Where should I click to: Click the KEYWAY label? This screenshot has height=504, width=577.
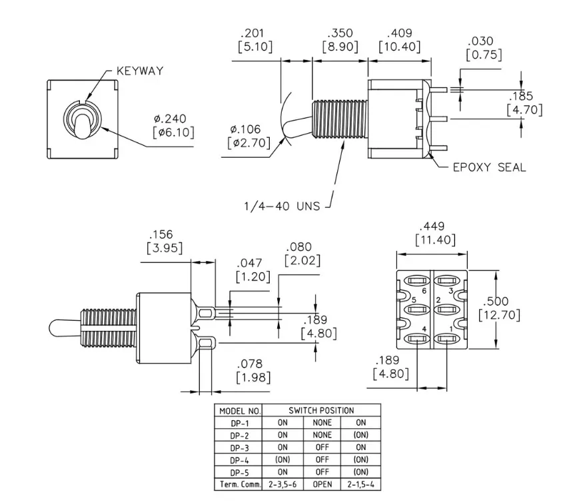pos(140,71)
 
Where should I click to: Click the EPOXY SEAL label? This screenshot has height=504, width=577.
pos(489,168)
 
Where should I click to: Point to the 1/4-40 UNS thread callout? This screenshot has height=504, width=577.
pos(282,206)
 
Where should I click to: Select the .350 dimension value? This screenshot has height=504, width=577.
pos(340,33)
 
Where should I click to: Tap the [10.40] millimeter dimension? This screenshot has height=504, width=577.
pos(400,47)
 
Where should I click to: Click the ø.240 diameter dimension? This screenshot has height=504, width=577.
pos(170,119)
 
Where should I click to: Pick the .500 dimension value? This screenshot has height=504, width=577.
pos(496,302)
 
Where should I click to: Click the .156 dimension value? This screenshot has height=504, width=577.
pos(161,234)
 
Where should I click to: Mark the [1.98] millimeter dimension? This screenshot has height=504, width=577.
pos(253,378)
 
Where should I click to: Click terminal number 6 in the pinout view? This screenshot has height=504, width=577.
pos(424,291)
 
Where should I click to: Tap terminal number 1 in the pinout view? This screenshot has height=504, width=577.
pos(452,329)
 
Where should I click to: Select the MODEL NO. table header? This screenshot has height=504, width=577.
pos(240,411)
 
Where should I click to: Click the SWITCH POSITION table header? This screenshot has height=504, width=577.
pos(321,410)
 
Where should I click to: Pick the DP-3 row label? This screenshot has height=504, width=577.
pos(240,448)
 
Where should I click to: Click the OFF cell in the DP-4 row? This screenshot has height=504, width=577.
pos(322,459)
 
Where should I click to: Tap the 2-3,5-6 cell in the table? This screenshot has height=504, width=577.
pos(283,485)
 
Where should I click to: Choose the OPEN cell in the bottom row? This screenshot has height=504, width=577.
pos(322,485)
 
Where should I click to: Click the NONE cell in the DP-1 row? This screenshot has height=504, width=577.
pos(322,423)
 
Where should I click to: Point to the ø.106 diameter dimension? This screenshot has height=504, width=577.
pos(245,129)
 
